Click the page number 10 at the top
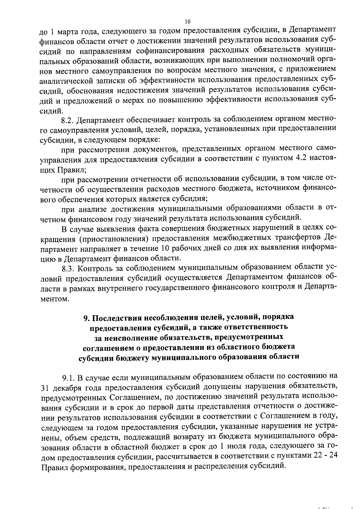[x=187, y=22]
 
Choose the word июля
[x=243, y=446]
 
